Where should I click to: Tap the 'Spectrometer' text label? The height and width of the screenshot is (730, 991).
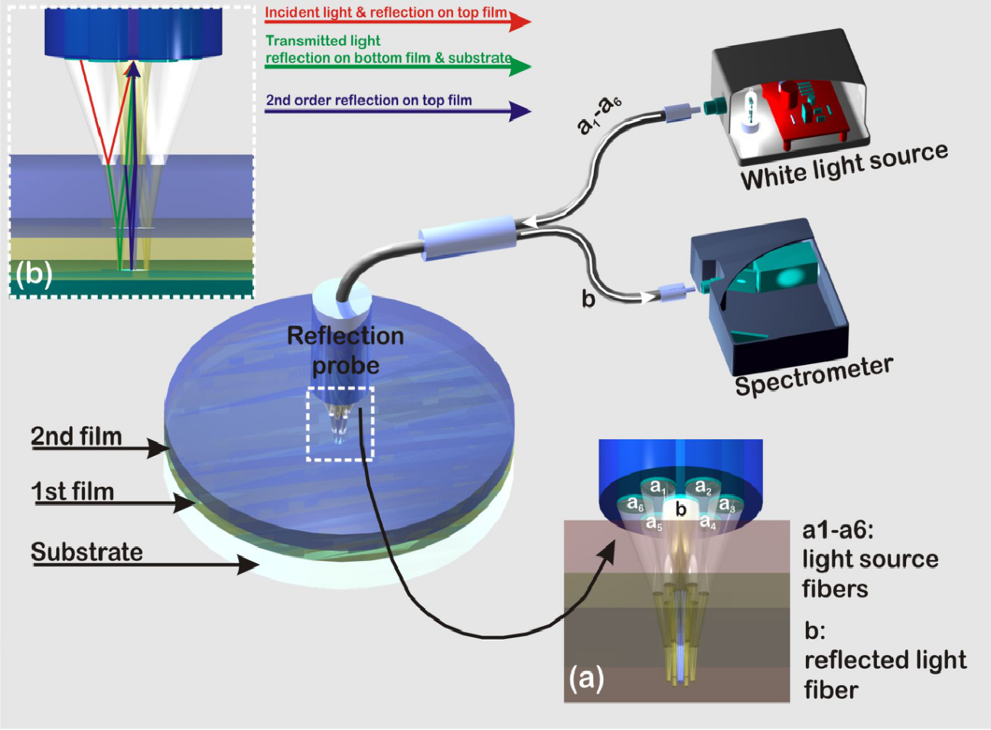[x=813, y=375]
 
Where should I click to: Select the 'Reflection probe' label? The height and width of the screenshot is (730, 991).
[x=345, y=350]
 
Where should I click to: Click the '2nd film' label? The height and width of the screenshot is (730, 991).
[x=77, y=436]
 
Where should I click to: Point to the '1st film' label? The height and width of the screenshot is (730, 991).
[x=73, y=490]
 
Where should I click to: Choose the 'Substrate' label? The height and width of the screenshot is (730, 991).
[x=86, y=552]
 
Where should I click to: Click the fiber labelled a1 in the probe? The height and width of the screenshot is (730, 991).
[x=658, y=487]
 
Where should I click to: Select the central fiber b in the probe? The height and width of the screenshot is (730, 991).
[x=680, y=509]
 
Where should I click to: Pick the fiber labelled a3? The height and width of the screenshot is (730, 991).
[x=727, y=505]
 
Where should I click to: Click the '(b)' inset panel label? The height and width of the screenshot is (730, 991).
[x=34, y=273]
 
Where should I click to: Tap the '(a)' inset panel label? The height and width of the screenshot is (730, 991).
[x=586, y=677]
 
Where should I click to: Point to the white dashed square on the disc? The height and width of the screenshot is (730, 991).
[x=340, y=424]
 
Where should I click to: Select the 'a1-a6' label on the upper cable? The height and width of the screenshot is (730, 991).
[x=599, y=113]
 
